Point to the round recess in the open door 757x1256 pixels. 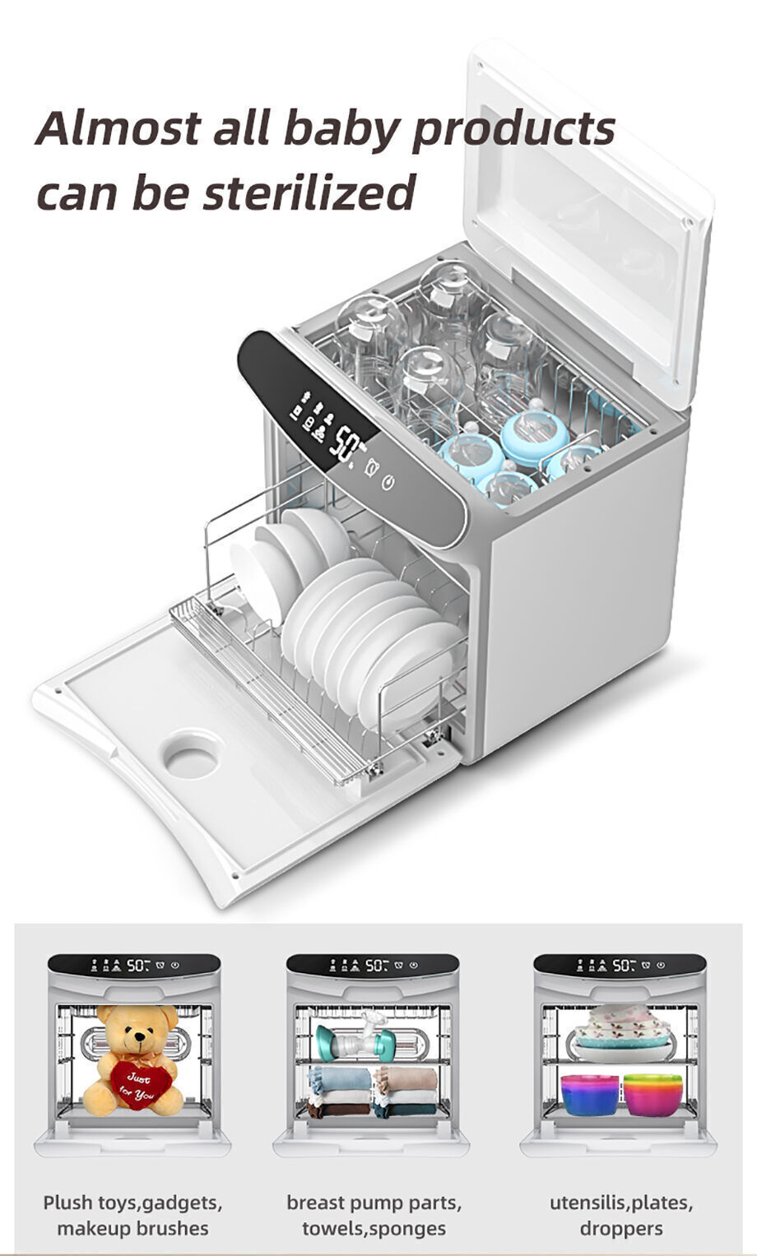(191, 754)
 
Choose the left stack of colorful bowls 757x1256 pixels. (589, 1094)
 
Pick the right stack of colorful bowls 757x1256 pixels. (653, 1094)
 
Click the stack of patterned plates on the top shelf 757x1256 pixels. (621, 1028)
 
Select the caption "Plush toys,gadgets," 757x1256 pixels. (132, 1203)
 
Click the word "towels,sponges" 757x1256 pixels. (374, 1228)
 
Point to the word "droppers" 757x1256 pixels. (621, 1228)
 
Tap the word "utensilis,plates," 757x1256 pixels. (621, 1203)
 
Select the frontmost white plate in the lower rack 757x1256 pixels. (411, 666)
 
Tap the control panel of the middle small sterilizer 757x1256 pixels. (373, 965)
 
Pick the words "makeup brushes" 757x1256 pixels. (132, 1228)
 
